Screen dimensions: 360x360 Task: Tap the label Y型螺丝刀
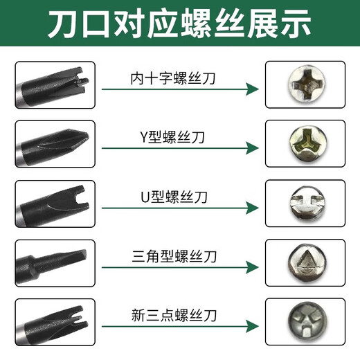tap(173, 137)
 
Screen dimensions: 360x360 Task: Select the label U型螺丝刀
tap(173, 197)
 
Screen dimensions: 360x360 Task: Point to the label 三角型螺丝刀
tap(173, 256)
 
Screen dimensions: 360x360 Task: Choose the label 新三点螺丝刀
tap(173, 316)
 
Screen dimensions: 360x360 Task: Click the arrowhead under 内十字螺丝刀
tap(253, 89)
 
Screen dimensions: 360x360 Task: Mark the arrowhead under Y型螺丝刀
tap(253, 149)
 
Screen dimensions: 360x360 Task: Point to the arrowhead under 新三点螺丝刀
tap(253, 325)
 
